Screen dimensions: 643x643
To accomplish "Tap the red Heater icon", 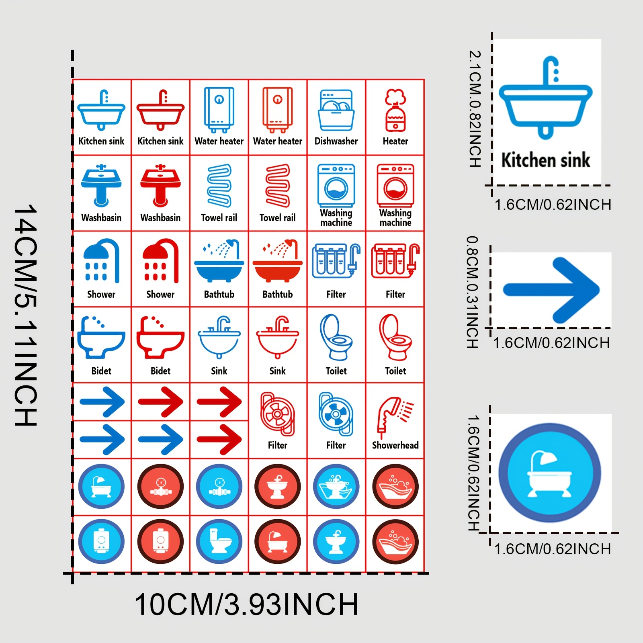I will [x=395, y=110].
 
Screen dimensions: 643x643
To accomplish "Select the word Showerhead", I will [x=395, y=445].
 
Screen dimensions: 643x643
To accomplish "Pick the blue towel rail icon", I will [x=219, y=185].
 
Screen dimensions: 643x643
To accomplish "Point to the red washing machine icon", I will [x=395, y=185].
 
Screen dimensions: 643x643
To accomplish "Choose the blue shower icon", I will [x=101, y=261].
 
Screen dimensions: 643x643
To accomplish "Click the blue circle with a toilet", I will [x=219, y=541].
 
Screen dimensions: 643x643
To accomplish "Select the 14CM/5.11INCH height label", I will [x=26, y=315].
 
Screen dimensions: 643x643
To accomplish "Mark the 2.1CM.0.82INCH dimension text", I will [x=475, y=109].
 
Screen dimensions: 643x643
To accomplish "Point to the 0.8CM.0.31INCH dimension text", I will [x=472, y=292].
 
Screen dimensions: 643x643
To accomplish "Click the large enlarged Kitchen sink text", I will [x=545, y=160].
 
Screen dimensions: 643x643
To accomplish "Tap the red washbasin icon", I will [x=160, y=185].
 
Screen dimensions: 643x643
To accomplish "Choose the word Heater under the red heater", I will [x=395, y=141].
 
